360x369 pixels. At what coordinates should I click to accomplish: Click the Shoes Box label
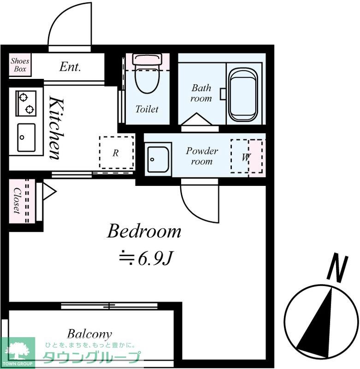click(x=20, y=65)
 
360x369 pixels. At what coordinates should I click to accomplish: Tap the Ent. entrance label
click(x=70, y=66)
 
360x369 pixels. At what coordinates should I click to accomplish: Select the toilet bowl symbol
click(x=147, y=73)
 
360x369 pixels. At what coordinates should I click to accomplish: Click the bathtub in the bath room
click(x=243, y=95)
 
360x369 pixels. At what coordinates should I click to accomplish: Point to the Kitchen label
click(x=57, y=129)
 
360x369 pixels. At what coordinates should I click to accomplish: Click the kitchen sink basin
click(x=26, y=137)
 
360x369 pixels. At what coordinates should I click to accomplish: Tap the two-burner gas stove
click(x=26, y=103)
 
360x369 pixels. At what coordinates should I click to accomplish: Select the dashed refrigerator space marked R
click(x=117, y=152)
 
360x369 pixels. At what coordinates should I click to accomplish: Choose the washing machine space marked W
click(x=247, y=156)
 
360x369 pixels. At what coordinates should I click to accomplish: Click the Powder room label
click(x=202, y=156)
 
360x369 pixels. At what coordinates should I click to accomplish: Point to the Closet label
click(x=17, y=201)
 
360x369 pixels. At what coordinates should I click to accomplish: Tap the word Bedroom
click(x=144, y=231)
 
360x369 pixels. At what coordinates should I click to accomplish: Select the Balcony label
click(x=89, y=334)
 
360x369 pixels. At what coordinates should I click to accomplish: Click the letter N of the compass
click(x=337, y=268)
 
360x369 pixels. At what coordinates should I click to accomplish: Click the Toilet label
click(x=147, y=109)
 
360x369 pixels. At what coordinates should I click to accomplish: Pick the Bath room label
click(x=201, y=93)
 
